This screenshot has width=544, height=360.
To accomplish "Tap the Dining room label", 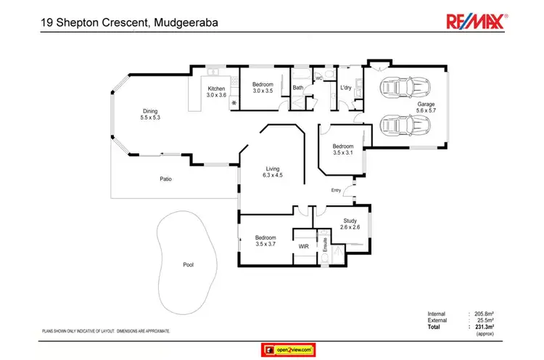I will tap(149, 113).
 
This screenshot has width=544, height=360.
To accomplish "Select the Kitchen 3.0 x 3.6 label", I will tap(217, 91).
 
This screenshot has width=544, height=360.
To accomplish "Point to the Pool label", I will tap(188, 265).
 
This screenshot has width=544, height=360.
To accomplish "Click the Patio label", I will tap(166, 178).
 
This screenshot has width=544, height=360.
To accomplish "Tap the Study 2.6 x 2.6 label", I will tap(349, 224).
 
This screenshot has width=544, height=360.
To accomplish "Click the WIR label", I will tap(304, 247).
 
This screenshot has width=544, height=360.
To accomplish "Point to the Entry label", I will tap(336, 190).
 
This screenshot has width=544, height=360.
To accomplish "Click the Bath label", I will tap(297, 89).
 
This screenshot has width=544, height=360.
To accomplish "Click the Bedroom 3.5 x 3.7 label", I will tap(265, 240).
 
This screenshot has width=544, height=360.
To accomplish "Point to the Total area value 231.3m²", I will tap(482, 327).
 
